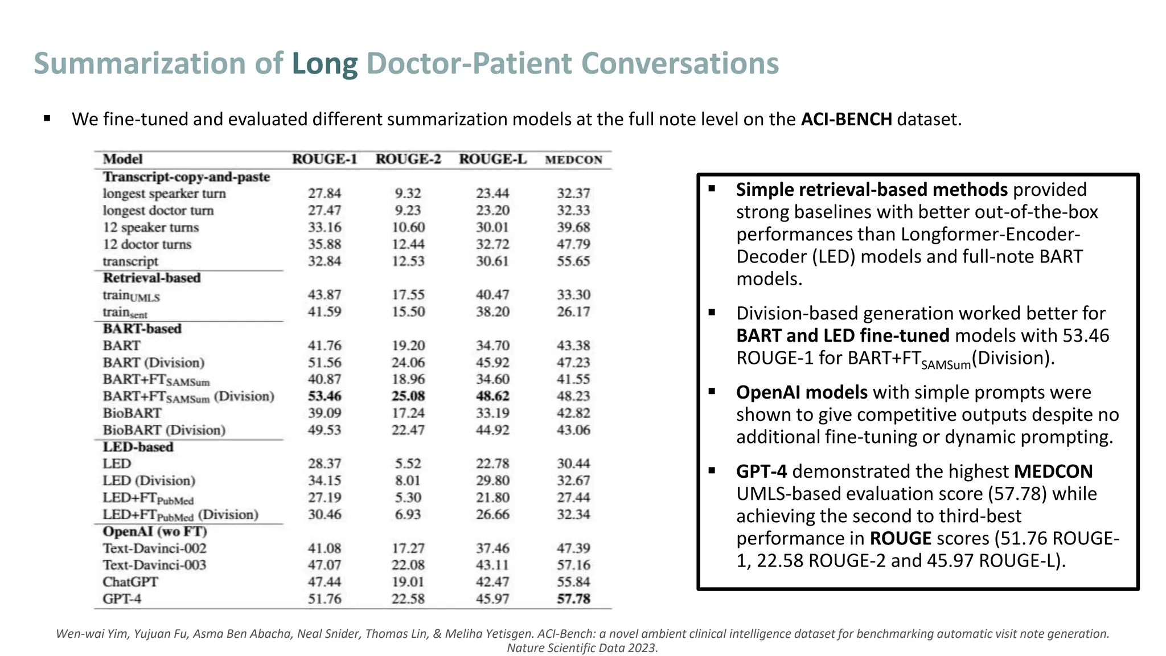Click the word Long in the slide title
point(325,64)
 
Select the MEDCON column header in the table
point(573,160)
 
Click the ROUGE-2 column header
point(408,159)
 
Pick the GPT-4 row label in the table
point(122,599)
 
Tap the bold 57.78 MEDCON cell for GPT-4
point(573,599)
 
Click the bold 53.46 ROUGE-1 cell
point(325,396)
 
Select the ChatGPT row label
point(130,582)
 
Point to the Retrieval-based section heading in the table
point(151,278)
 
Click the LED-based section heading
point(138,447)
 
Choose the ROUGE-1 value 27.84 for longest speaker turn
point(325,194)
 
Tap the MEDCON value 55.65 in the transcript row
point(573,261)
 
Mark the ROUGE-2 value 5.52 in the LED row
point(408,464)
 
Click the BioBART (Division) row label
point(164,430)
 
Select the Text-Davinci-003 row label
point(154,565)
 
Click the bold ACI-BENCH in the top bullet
point(846,120)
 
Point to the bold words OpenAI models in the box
point(802,392)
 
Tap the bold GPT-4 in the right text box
point(761,471)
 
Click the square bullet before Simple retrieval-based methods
point(712,188)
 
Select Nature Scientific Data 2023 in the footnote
point(582,648)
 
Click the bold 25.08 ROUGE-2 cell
point(408,396)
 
